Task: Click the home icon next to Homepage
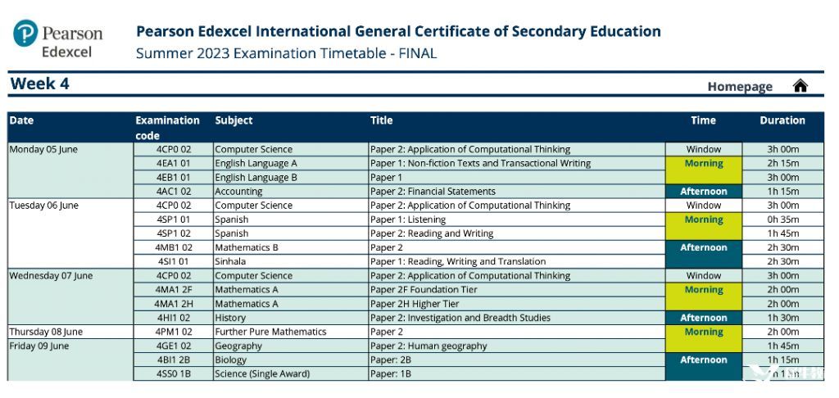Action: point(800,86)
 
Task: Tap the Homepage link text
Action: point(740,87)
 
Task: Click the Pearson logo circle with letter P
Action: point(25,34)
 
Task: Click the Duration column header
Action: point(782,120)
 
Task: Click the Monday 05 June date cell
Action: point(43,149)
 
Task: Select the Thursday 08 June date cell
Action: point(46,332)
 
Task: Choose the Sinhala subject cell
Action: point(232,261)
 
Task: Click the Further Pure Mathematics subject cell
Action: point(270,332)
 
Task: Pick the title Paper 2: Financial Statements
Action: point(433,192)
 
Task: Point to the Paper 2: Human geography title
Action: point(429,346)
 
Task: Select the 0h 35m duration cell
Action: point(782,219)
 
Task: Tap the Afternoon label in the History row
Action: point(703,318)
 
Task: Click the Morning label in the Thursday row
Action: point(703,332)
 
